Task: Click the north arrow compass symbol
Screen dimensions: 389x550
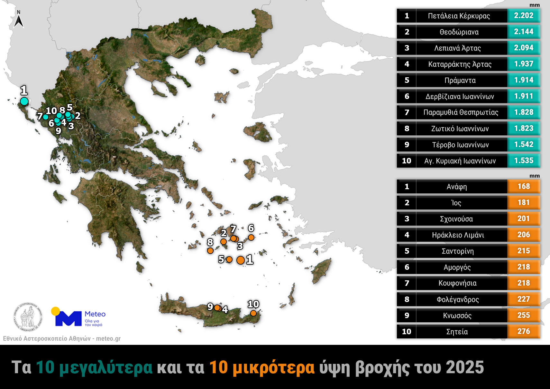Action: coord(19,20)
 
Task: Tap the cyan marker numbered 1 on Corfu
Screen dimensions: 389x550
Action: coord(24,101)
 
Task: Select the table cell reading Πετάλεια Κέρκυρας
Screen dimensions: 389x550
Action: coord(459,16)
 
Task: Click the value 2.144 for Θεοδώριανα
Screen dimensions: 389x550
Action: coord(523,32)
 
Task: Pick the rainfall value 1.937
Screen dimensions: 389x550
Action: coord(523,64)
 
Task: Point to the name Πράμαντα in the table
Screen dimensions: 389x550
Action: coord(460,80)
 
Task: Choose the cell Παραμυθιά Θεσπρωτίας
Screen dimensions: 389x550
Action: coord(461,112)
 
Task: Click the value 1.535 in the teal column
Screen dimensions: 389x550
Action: coord(523,160)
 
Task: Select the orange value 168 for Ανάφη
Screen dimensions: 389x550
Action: coord(523,186)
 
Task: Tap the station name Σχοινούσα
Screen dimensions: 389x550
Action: coord(456,219)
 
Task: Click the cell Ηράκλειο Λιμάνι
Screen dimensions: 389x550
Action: coord(458,235)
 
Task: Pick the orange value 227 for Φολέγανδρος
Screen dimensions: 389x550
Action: coord(523,299)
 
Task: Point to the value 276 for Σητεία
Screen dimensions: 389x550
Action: coord(523,331)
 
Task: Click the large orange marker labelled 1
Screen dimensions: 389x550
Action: coord(240,260)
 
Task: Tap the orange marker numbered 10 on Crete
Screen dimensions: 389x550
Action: coord(253,313)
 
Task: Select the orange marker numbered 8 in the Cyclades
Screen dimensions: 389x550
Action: coord(210,250)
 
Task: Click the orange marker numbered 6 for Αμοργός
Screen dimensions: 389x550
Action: coord(251,238)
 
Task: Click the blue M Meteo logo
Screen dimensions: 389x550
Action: coord(68,318)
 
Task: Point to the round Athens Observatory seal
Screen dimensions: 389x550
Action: coord(28,317)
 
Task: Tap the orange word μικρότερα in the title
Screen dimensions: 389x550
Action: coord(273,367)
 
